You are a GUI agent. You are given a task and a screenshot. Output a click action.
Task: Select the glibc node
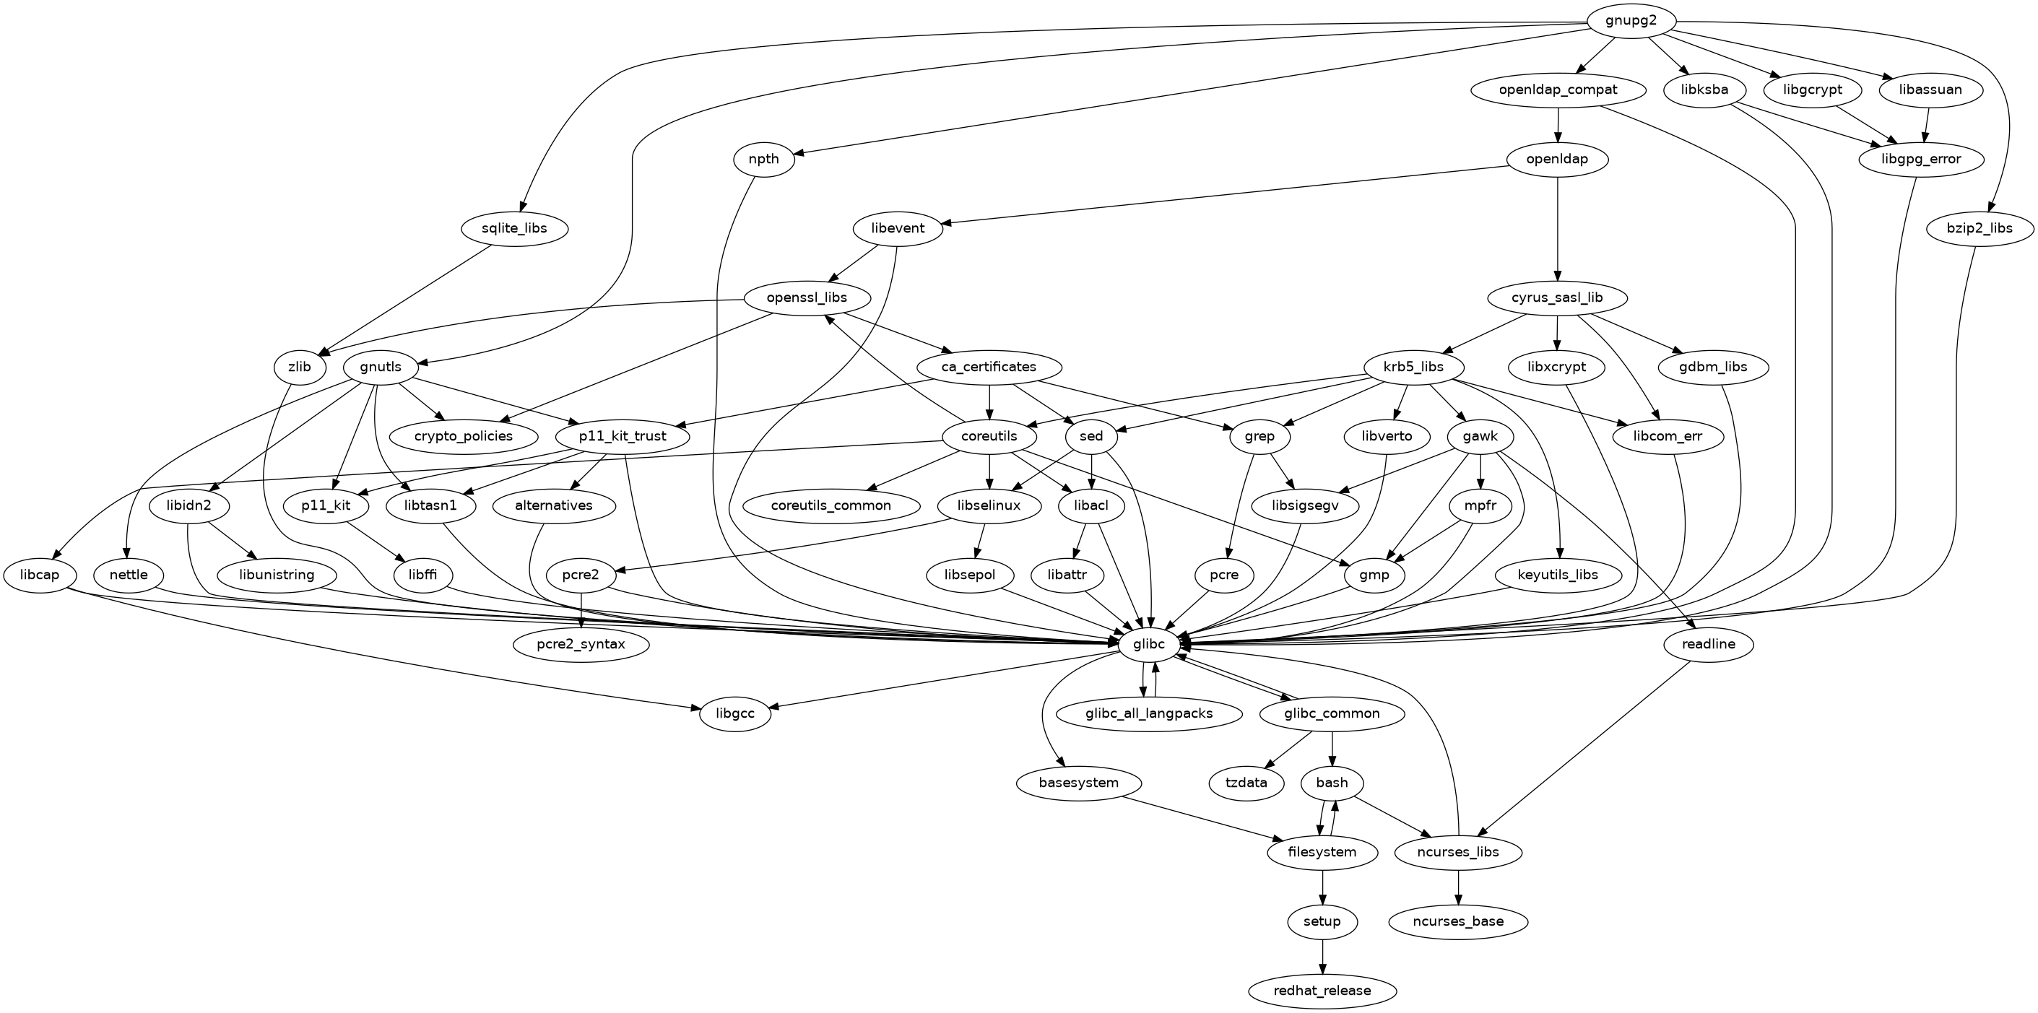(x=1149, y=645)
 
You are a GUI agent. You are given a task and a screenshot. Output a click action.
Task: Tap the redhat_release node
(x=1323, y=991)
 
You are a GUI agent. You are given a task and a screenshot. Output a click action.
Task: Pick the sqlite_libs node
(x=515, y=230)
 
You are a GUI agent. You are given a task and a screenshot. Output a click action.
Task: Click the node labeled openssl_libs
(x=807, y=298)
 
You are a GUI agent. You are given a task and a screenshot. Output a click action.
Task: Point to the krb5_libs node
(x=1414, y=367)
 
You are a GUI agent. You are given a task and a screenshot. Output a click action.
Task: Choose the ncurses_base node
(x=1458, y=921)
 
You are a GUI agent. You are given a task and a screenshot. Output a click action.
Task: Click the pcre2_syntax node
(x=581, y=645)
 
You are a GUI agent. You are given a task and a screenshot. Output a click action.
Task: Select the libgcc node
(x=735, y=714)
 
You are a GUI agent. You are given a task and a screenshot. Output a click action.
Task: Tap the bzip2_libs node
(x=1980, y=230)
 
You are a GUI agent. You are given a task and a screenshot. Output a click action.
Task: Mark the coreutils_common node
(x=831, y=505)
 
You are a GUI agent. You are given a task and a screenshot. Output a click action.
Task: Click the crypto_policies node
(x=463, y=437)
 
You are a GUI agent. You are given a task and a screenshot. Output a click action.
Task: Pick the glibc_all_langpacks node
(x=1149, y=714)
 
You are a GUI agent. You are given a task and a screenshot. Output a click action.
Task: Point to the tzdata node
(x=1247, y=783)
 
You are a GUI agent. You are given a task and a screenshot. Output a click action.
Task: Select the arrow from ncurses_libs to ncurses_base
(x=1458, y=887)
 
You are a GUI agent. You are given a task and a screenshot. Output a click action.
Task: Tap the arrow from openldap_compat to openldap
(x=1558, y=125)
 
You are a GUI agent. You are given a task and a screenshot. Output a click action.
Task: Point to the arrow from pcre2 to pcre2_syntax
(x=581, y=609)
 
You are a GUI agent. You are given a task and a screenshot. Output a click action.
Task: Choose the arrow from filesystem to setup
(x=1323, y=887)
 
